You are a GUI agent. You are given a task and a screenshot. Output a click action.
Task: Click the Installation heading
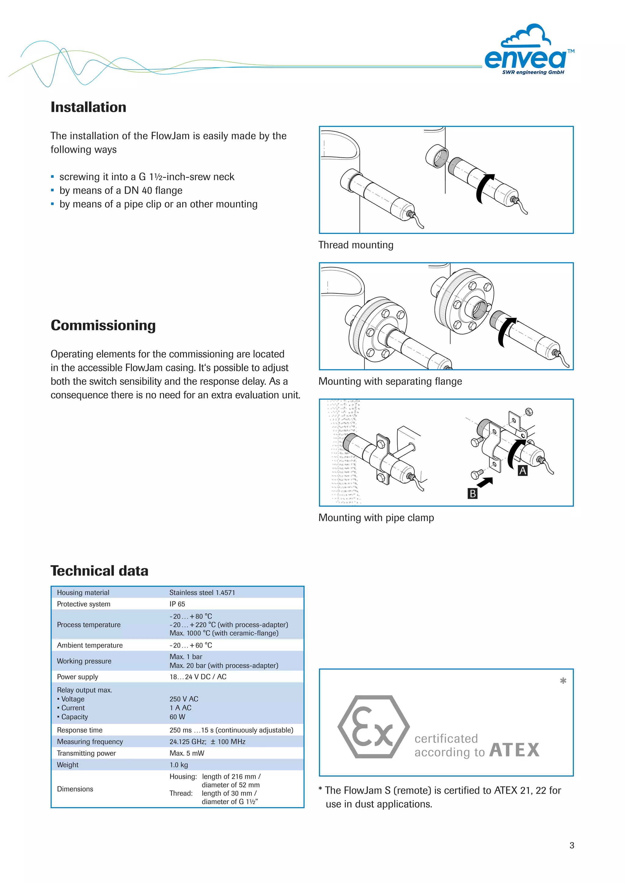click(89, 107)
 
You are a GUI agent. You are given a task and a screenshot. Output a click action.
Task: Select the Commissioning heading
click(103, 325)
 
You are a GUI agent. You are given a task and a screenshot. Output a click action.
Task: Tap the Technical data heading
click(99, 571)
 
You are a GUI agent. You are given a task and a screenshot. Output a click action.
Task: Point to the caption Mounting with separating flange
click(390, 381)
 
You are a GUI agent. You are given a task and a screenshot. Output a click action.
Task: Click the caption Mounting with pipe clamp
click(376, 518)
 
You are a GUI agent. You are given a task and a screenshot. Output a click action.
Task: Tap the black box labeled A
click(522, 471)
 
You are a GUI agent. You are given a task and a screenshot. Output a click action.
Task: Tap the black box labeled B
click(473, 493)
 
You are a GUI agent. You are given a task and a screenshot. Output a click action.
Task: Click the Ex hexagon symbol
click(373, 727)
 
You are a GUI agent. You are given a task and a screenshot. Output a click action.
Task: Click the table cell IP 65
click(177, 604)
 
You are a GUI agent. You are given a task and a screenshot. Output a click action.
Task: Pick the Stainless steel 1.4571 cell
click(202, 593)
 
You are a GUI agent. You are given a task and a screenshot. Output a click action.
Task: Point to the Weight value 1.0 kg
click(179, 765)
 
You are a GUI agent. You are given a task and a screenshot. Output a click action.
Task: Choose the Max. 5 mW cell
click(187, 753)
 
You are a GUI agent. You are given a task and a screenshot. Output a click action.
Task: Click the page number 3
click(572, 845)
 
